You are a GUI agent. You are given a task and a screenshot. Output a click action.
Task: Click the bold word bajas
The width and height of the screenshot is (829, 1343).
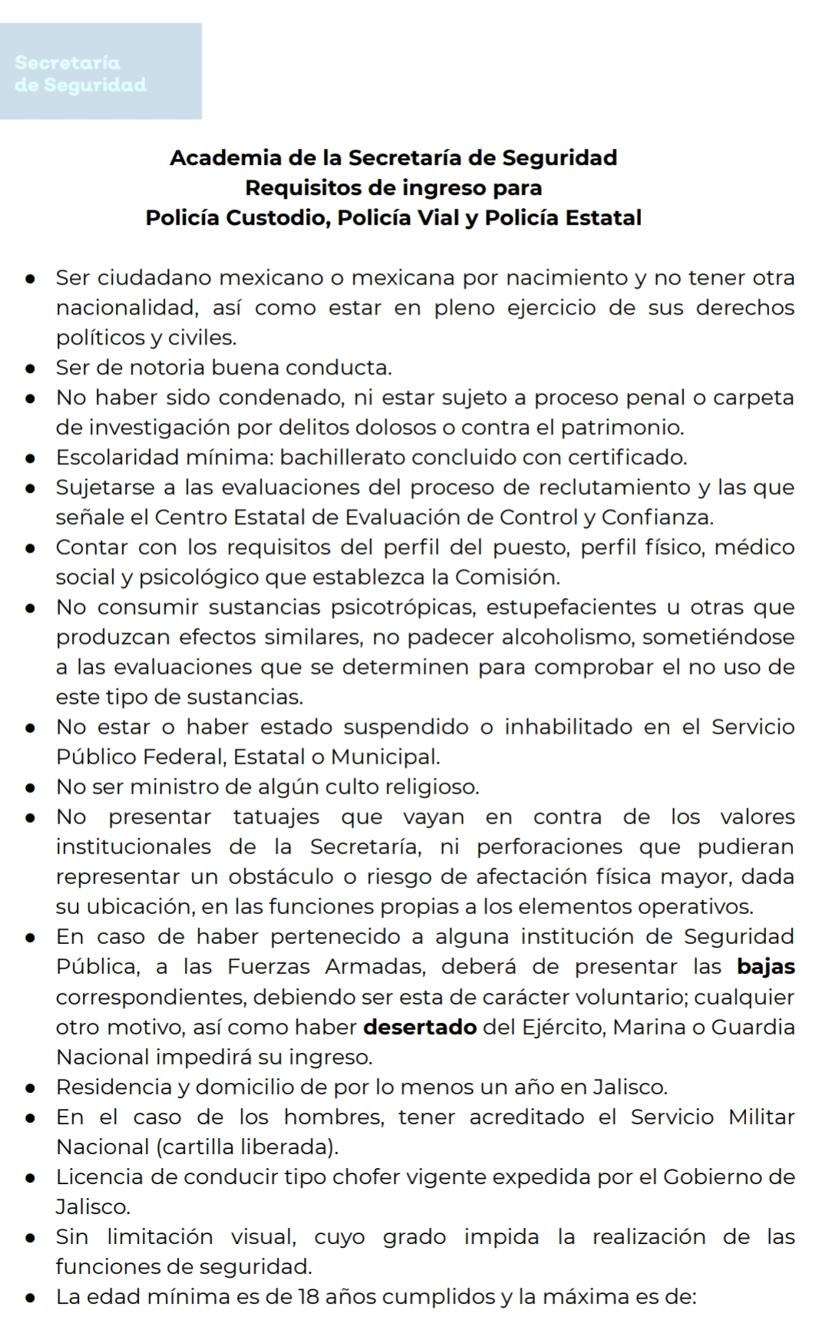pyautogui.click(x=765, y=967)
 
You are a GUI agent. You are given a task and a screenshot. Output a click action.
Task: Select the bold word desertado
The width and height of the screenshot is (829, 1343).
pyautogui.click(x=420, y=1027)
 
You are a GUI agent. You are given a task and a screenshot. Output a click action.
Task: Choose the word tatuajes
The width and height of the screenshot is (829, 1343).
pyautogui.click(x=276, y=817)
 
